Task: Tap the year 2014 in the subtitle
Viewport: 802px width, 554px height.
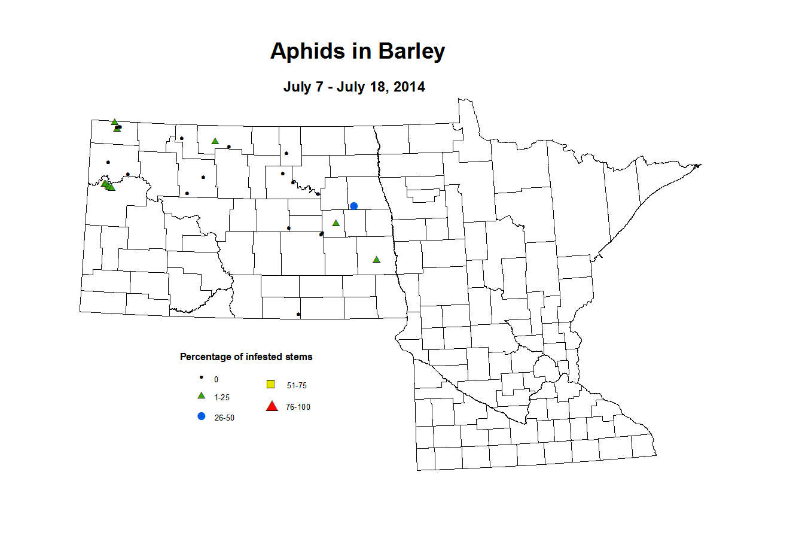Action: (409, 87)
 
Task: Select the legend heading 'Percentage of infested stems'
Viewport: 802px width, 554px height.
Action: (246, 357)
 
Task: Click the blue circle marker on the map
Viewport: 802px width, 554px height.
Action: (354, 206)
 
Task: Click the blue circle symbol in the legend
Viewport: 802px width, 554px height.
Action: (202, 416)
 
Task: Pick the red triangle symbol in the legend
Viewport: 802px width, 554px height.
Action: (272, 407)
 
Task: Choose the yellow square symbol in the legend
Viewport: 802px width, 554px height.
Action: (271, 384)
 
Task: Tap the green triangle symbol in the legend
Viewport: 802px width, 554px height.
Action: (202, 396)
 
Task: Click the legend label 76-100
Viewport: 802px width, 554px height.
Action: (298, 407)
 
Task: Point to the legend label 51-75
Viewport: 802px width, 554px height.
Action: (297, 386)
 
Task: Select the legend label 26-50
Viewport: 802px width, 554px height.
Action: (224, 418)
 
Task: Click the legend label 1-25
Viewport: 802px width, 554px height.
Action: (222, 398)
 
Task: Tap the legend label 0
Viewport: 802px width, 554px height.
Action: (216, 380)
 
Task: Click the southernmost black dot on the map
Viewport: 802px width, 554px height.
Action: (298, 314)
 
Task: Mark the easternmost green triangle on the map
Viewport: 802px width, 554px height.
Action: (376, 260)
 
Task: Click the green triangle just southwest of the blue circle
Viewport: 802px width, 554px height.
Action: (336, 223)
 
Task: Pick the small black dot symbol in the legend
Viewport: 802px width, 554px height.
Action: (202, 378)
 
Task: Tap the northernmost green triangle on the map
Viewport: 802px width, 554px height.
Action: (114, 122)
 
